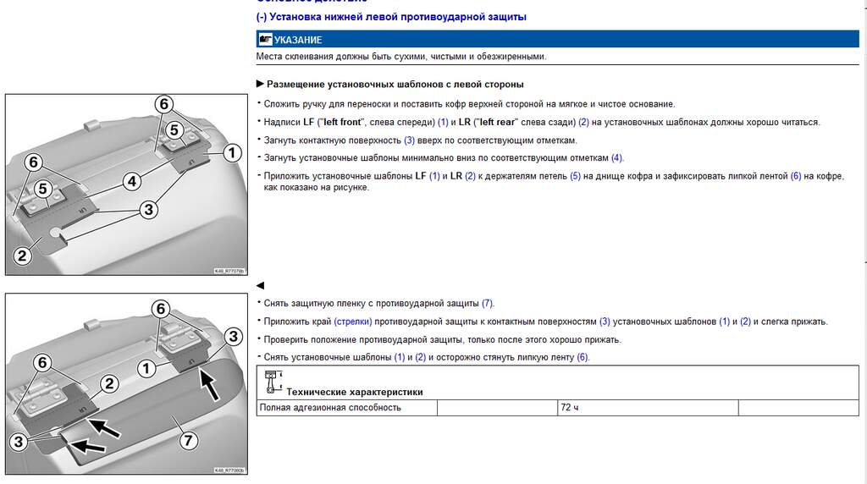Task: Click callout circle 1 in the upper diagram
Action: point(229,152)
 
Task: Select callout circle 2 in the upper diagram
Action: point(23,253)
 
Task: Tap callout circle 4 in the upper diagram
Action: point(131,180)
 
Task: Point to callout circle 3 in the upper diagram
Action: point(147,208)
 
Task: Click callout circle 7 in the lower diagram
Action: point(187,440)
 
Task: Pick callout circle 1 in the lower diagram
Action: point(146,368)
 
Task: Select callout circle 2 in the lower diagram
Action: point(108,383)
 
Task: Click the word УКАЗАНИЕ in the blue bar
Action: point(298,40)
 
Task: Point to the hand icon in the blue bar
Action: point(266,40)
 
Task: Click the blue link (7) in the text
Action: point(487,303)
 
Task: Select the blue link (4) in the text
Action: point(617,158)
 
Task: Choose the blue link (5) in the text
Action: point(575,176)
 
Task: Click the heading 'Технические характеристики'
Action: point(355,392)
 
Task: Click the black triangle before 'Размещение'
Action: point(260,84)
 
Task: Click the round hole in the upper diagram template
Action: point(55,233)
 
